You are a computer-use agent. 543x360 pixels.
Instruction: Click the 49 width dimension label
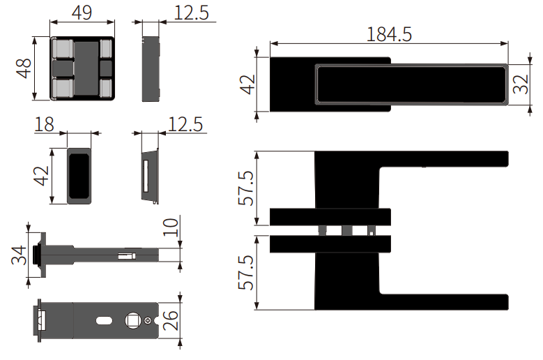click(82, 13)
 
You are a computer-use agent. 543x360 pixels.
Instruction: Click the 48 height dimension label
click(24, 68)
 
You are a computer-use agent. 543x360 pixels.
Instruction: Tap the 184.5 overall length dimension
click(389, 35)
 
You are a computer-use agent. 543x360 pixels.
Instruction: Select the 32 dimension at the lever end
click(521, 84)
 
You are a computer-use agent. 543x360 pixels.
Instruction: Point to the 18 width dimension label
click(45, 124)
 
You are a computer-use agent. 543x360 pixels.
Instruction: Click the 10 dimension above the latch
click(171, 227)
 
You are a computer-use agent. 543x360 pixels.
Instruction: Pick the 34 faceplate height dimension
click(19, 255)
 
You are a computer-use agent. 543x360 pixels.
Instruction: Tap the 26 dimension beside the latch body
click(171, 320)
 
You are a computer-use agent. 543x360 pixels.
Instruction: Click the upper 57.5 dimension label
click(246, 188)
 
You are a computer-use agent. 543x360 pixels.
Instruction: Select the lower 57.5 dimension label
click(246, 273)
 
